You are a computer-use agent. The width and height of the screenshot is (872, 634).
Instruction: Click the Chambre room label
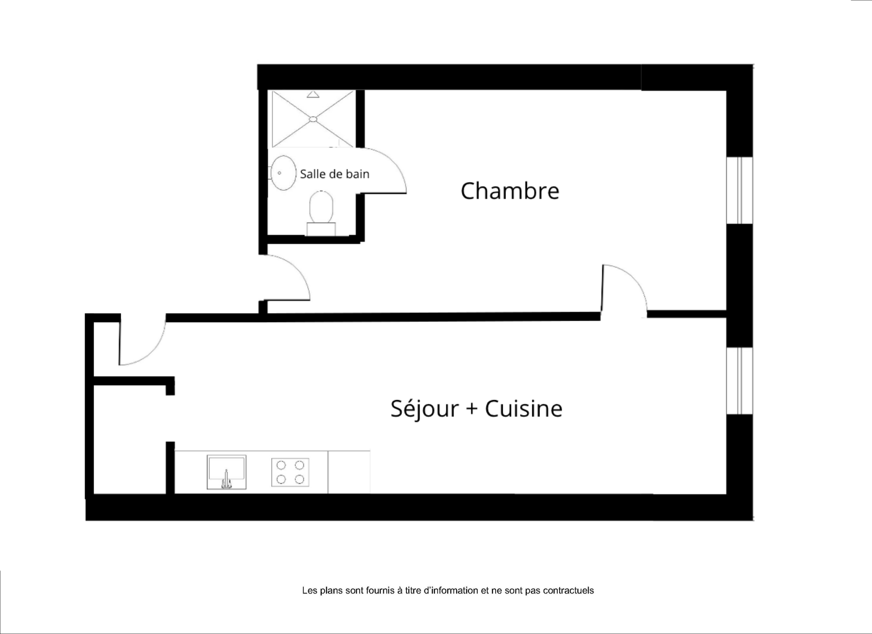coord(510,191)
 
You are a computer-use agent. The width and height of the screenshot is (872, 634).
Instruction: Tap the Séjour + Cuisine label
coord(476,409)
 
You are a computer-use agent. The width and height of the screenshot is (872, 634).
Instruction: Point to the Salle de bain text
coord(335,174)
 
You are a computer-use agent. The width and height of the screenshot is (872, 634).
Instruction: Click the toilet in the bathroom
coord(321,213)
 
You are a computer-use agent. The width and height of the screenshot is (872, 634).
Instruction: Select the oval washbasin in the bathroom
coord(283,173)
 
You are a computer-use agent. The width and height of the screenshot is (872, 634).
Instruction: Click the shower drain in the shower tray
coord(313,119)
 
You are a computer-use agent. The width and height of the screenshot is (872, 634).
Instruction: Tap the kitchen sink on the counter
coord(227,472)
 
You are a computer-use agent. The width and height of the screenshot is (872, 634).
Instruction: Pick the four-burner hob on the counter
coord(290,472)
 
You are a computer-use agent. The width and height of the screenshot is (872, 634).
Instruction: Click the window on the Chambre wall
coord(740,190)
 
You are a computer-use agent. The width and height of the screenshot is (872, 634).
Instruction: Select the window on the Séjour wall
coord(740,381)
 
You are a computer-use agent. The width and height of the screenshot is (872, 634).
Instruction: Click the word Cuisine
coord(524,409)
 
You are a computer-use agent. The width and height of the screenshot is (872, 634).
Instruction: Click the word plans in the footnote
coord(332,590)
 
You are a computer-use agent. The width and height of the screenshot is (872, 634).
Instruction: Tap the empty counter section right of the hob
coord(349,472)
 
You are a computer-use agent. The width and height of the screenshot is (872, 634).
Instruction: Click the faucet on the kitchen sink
coord(226,480)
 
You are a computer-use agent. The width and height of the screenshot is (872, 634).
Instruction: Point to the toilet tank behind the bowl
coord(321,229)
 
